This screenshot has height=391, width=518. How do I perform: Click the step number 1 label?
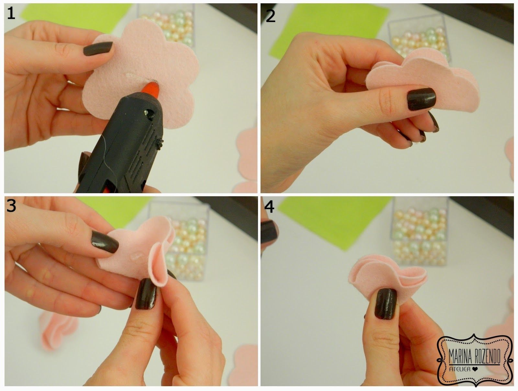point(11,14)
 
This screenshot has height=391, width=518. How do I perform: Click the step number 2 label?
point(270,16)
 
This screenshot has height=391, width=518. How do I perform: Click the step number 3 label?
point(11,205)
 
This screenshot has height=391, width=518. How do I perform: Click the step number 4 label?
point(269,207)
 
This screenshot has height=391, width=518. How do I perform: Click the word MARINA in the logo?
point(460,357)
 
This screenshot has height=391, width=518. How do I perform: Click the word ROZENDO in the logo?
point(487,357)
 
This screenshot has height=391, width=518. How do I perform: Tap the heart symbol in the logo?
point(475,369)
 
